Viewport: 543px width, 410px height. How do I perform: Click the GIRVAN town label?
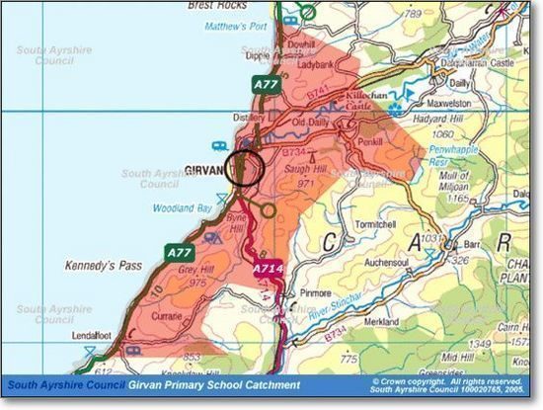pos(204,170)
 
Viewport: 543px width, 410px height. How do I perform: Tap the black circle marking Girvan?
pos(244,168)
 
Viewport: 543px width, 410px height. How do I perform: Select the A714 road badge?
pos(268,268)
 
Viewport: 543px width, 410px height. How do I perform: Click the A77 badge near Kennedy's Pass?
pos(179,253)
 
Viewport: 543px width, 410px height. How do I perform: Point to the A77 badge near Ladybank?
pos(265,85)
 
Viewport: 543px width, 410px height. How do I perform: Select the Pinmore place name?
pos(315,293)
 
